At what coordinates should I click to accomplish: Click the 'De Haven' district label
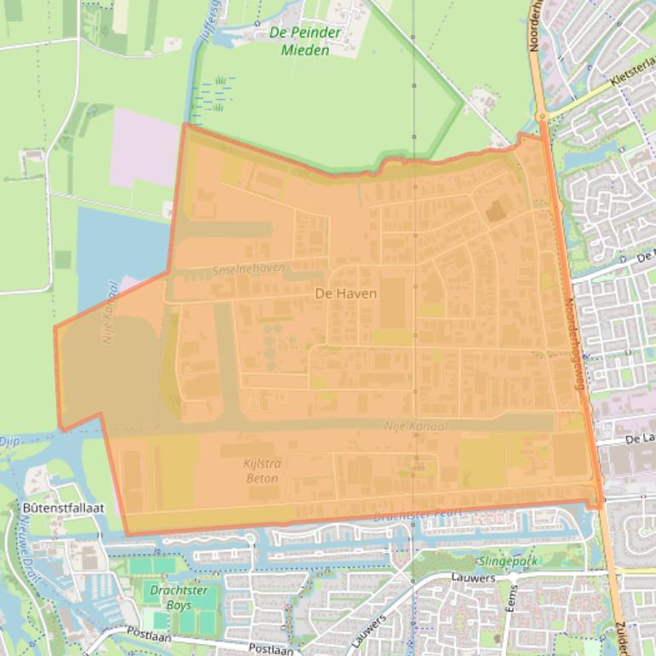[x=346, y=293]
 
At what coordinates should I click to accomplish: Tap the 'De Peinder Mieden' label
[x=305, y=42]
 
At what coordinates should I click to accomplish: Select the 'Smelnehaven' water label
[x=249, y=268]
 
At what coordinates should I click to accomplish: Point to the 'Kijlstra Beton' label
[x=262, y=471]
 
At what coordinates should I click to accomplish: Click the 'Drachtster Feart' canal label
[x=417, y=515]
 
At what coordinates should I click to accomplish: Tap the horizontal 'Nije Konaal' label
[x=415, y=426]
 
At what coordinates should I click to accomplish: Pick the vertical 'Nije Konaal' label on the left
[x=109, y=312]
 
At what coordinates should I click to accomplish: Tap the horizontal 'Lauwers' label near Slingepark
[x=475, y=578]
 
